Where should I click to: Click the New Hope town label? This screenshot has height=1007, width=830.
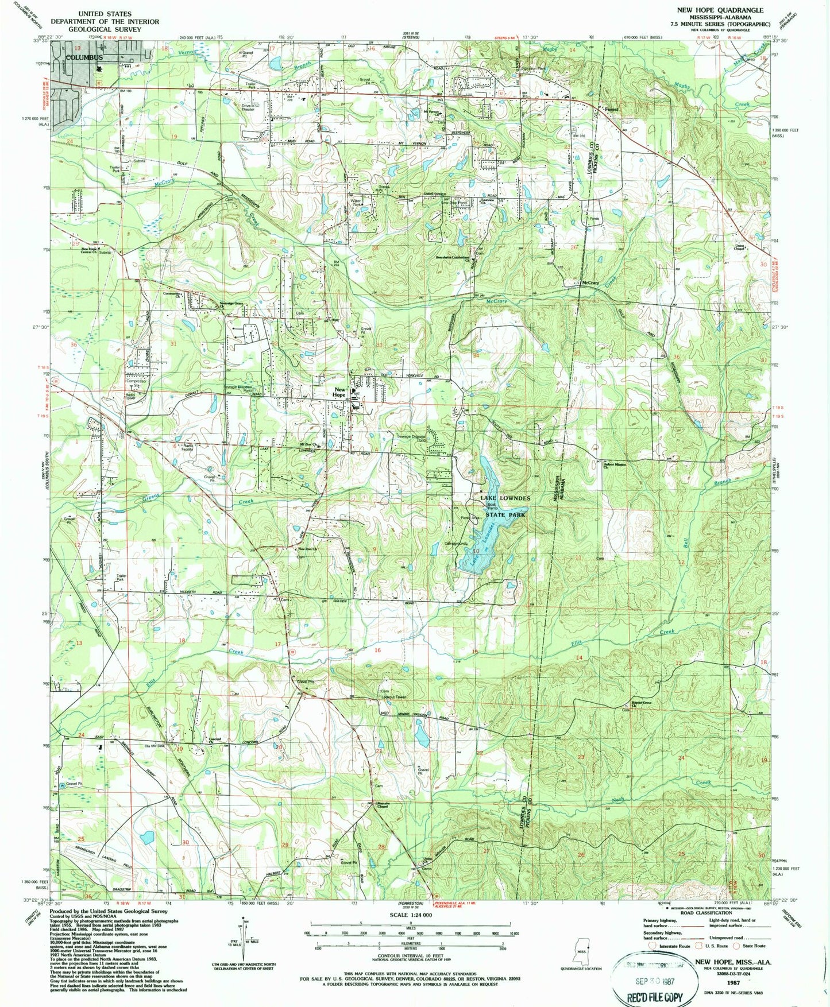(x=339, y=392)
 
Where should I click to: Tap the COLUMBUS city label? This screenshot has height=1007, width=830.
(x=84, y=57)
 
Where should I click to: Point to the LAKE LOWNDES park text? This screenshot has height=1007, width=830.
(x=505, y=498)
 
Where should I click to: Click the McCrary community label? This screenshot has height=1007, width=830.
(x=590, y=283)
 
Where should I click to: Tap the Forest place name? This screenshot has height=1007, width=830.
(x=611, y=109)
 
